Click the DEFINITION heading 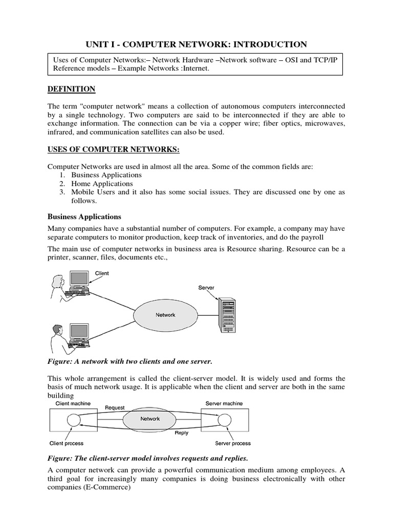[x=71, y=89]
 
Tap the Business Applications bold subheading [x=84, y=216]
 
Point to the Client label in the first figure [x=102, y=273]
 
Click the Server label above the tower [x=206, y=288]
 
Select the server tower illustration [x=226, y=313]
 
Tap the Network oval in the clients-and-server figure [x=165, y=315]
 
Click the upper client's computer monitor [x=79, y=279]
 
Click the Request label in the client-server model [x=115, y=407]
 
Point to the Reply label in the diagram [x=181, y=432]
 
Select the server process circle [x=223, y=421]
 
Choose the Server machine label [x=224, y=404]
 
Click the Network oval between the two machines [x=150, y=419]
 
